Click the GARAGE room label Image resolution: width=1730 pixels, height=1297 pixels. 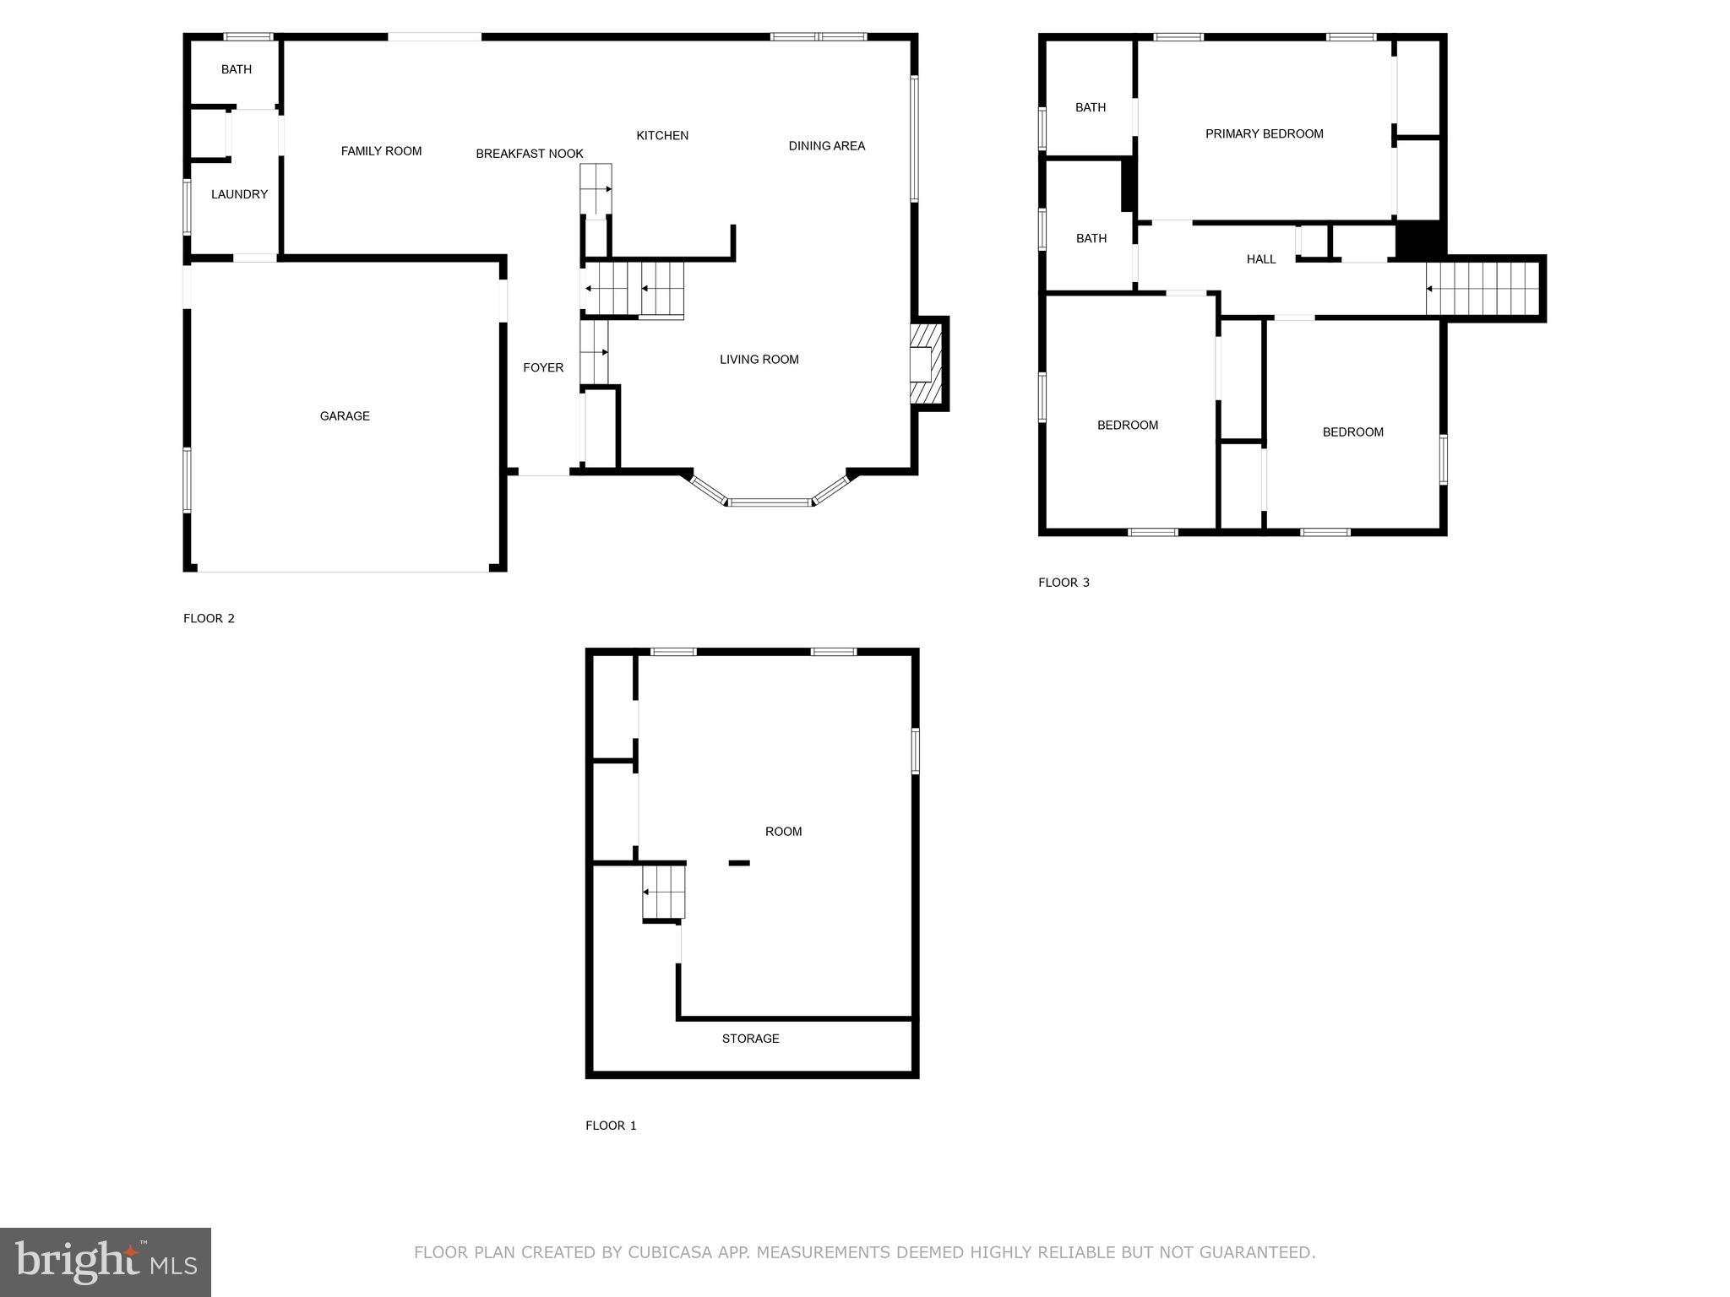(345, 416)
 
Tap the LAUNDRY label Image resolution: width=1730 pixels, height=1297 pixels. (239, 194)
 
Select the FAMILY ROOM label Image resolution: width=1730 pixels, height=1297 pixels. (381, 151)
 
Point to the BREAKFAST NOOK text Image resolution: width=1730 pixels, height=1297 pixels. (530, 154)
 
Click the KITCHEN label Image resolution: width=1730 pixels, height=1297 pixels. (662, 135)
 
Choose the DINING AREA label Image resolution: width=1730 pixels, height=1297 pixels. (826, 146)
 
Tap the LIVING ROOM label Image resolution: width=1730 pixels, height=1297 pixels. (759, 360)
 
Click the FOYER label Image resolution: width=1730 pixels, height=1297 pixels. (543, 367)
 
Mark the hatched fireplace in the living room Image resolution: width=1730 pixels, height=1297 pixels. (928, 364)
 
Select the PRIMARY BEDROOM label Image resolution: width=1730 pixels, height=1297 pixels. (1264, 133)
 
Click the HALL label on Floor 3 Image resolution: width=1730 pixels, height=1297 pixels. (1261, 259)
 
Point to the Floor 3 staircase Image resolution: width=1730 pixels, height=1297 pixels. (1482, 288)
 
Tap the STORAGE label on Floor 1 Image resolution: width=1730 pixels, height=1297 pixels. (750, 1039)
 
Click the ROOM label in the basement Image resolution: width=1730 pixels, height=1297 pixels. (783, 832)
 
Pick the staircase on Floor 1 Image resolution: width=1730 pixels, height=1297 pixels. (663, 892)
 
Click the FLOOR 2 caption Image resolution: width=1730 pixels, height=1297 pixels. (209, 618)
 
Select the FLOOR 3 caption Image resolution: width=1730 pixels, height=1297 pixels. (1064, 583)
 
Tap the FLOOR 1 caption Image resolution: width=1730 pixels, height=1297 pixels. (611, 1126)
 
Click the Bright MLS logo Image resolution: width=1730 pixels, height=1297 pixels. (106, 1262)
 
